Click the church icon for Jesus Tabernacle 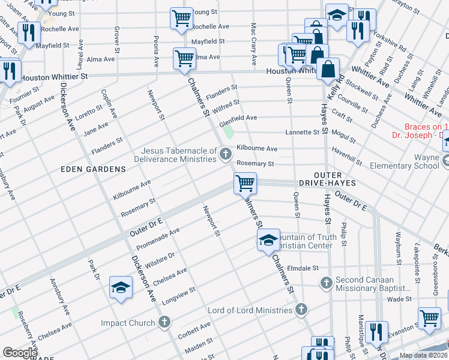tap(226, 155)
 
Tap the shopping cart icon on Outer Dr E tap(245, 183)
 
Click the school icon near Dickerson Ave tap(121, 289)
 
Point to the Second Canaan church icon tap(326, 282)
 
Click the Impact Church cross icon tap(164, 323)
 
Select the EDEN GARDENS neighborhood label tap(93, 169)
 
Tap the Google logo tap(20, 352)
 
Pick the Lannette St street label tap(303, 132)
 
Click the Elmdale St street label tap(302, 268)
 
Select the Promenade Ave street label tap(158, 239)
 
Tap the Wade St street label tap(398, 298)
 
